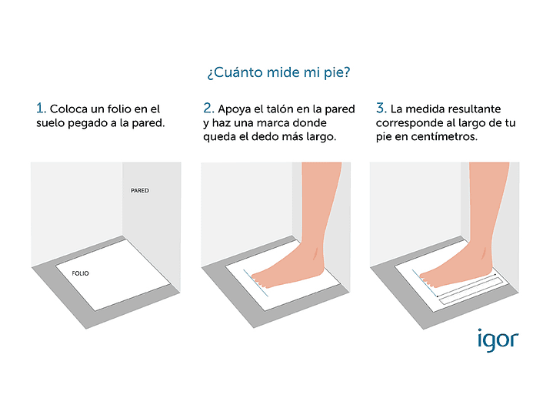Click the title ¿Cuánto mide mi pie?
click(x=278, y=72)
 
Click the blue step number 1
click(x=41, y=108)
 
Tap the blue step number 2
click(x=208, y=108)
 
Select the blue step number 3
click(x=381, y=108)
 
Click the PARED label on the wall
click(x=140, y=190)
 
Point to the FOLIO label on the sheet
click(x=81, y=273)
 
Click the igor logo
click(x=498, y=340)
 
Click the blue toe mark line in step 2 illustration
click(x=255, y=283)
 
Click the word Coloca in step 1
click(x=68, y=109)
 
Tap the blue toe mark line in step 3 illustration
click(x=425, y=283)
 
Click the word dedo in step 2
click(x=263, y=137)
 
